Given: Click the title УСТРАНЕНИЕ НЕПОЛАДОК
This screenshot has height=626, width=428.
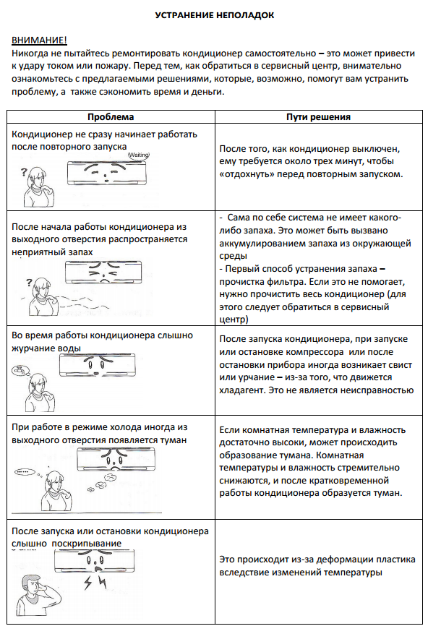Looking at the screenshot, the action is tap(215, 16).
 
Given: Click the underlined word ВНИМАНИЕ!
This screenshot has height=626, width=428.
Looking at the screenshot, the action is tap(39, 40).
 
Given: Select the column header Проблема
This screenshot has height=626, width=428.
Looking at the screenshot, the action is tap(111, 117).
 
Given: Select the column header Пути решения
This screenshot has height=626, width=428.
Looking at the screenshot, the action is tap(318, 117).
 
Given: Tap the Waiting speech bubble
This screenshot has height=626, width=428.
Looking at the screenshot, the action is tap(139, 155).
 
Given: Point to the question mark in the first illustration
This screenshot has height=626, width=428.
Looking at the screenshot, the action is tap(24, 173).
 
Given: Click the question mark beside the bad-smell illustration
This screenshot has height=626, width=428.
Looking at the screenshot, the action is tap(28, 283).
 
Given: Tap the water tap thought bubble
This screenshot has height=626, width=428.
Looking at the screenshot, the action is tap(18, 369).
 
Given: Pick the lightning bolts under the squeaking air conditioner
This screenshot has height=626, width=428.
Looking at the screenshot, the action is tap(95, 583).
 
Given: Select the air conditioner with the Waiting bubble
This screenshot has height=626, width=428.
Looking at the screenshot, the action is tap(106, 173).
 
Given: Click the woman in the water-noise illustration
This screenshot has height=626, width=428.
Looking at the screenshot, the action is tap(39, 393).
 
